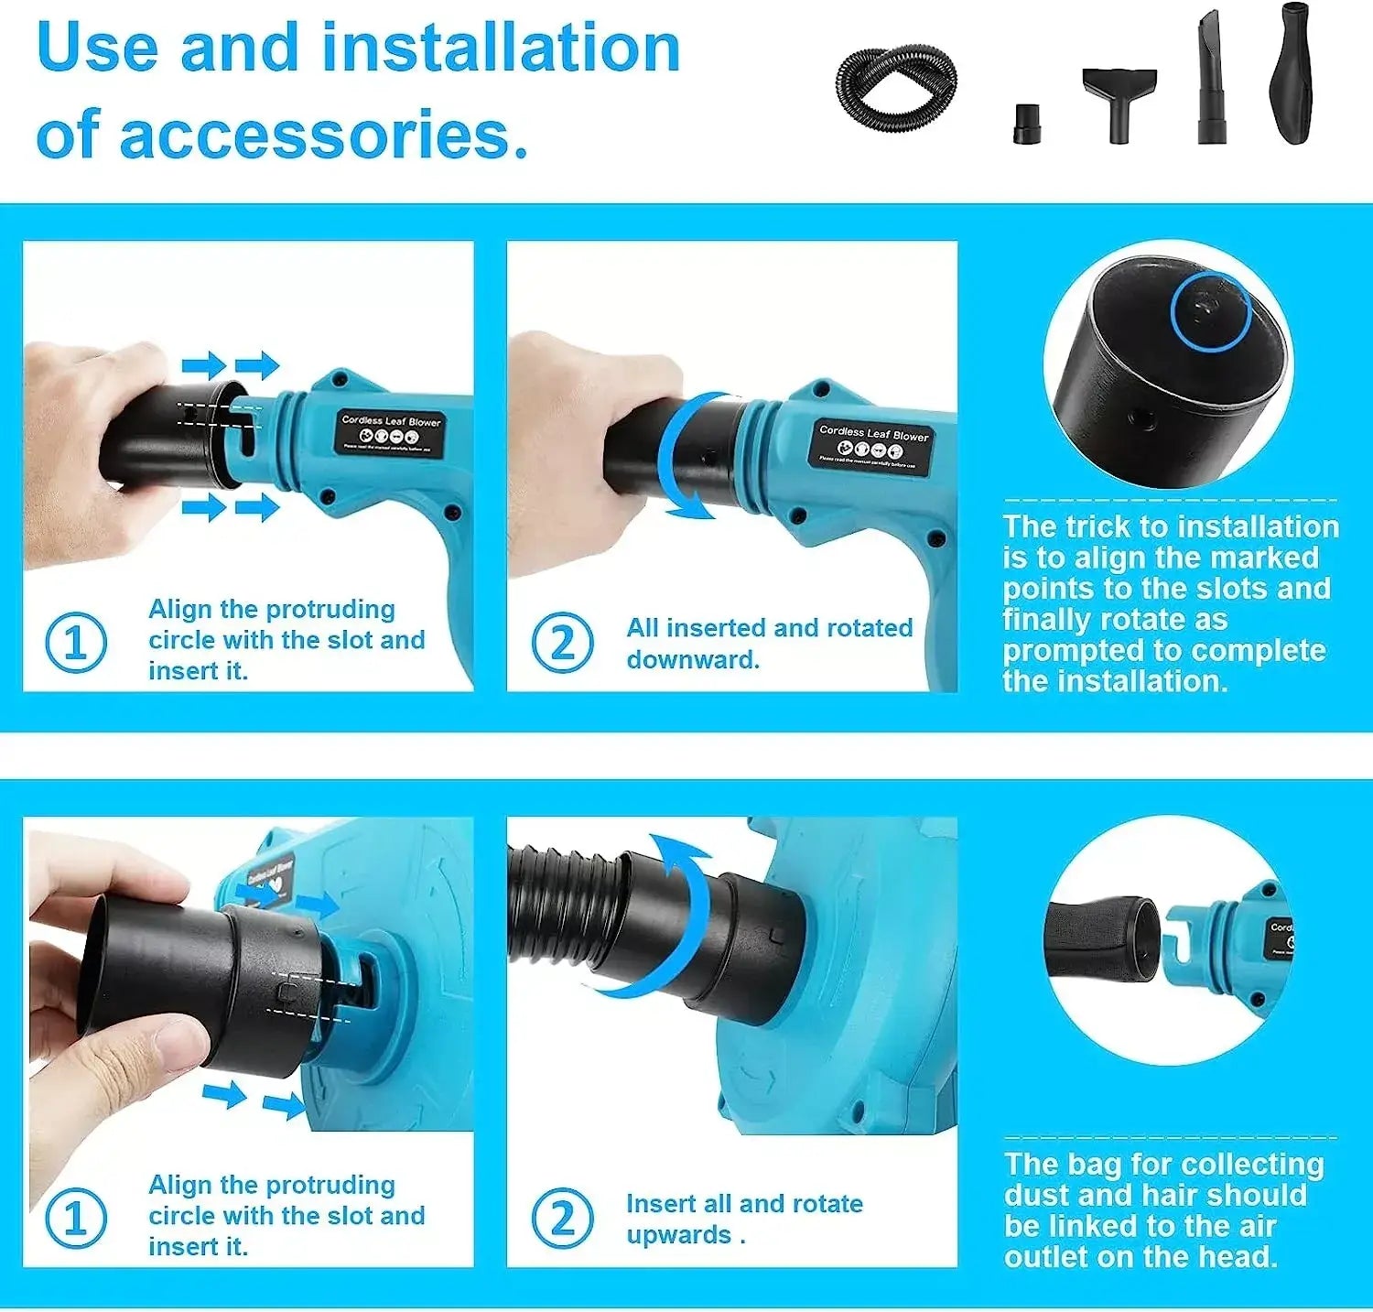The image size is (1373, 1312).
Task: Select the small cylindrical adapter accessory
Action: pyautogui.click(x=1027, y=125)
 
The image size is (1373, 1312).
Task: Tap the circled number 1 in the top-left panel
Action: pyautogui.click(x=76, y=643)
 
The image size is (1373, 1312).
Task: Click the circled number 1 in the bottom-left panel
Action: pyautogui.click(x=76, y=1218)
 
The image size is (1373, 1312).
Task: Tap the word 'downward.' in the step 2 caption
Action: pyautogui.click(x=693, y=659)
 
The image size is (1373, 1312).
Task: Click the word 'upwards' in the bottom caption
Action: pyautogui.click(x=677, y=1234)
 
